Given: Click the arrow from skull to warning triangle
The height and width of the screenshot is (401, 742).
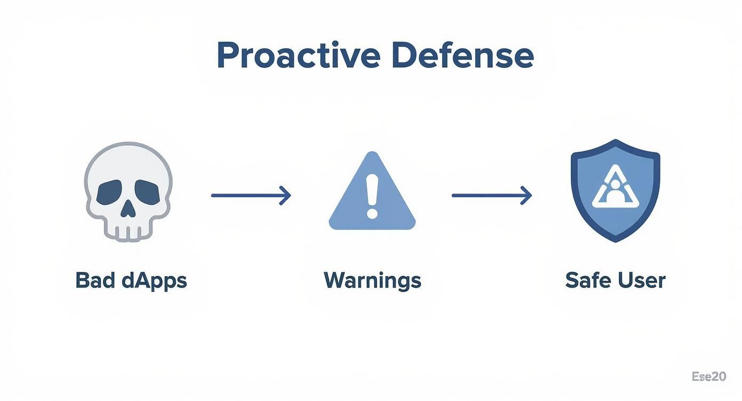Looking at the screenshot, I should point(251,196).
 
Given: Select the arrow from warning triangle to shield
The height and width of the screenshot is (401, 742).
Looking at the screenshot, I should point(491,196).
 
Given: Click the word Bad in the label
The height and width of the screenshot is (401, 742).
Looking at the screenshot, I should point(94,280).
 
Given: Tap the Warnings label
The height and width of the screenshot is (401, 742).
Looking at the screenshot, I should point(372,280).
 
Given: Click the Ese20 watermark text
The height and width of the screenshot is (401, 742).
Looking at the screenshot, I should point(708,376).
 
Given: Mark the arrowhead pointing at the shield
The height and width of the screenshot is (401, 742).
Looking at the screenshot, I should point(527,196).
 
